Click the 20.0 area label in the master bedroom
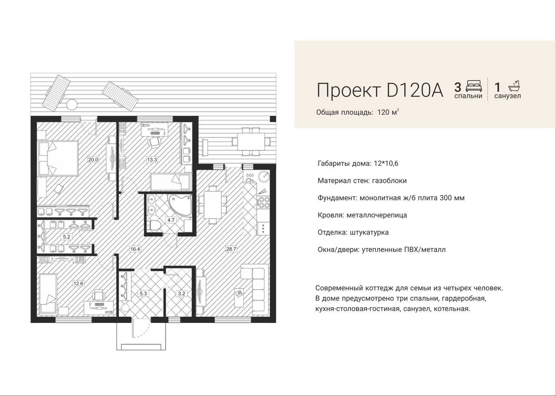[93, 159]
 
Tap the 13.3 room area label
[152, 159]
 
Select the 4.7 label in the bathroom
[171, 220]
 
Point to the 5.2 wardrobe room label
[66, 237]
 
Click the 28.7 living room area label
[231, 249]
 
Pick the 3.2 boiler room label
[182, 293]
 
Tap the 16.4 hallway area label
[135, 249]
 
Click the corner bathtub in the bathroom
[180, 205]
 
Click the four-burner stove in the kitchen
[264, 202]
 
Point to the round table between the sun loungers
[72, 104]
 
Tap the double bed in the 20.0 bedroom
[58, 157]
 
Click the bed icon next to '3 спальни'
[474, 86]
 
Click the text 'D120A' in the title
[415, 90]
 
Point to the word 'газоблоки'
[390, 181]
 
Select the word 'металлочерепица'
[377, 215]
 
